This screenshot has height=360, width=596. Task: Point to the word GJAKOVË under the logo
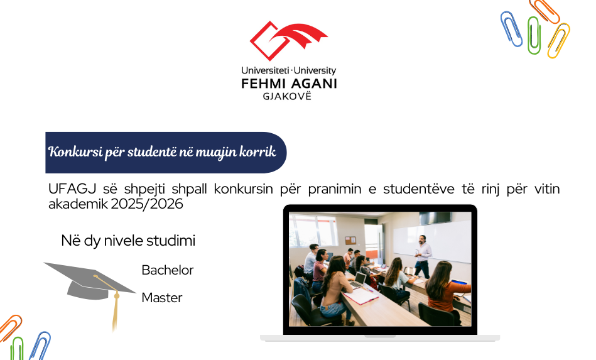point(287,96)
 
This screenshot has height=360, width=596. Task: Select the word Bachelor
point(167,270)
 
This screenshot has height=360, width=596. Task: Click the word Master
point(162,298)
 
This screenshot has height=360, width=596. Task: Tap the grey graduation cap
point(89,281)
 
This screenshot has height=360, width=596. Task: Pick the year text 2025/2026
point(147,204)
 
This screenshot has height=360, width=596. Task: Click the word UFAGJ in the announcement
point(72,189)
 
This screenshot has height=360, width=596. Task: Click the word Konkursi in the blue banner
point(75,151)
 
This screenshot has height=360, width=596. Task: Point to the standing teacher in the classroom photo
point(423,256)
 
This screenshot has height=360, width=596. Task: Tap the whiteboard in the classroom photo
point(431,240)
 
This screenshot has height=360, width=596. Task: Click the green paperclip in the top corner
point(534,35)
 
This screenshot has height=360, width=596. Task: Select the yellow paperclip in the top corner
point(558,41)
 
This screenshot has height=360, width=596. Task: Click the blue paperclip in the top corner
point(511,29)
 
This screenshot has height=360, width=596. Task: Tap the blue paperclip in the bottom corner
point(41,346)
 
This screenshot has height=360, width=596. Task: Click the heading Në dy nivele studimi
point(128,241)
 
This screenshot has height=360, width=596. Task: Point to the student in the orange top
point(447,293)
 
